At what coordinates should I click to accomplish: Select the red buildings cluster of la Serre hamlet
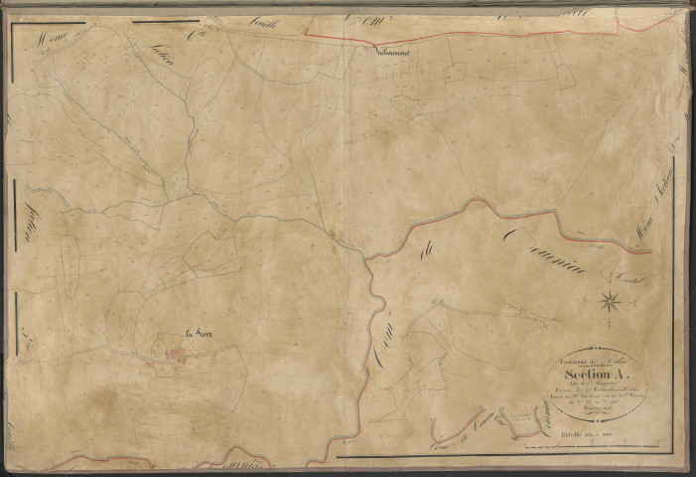coord(177,354)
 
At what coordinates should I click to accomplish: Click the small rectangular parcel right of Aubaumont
coord(456,72)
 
